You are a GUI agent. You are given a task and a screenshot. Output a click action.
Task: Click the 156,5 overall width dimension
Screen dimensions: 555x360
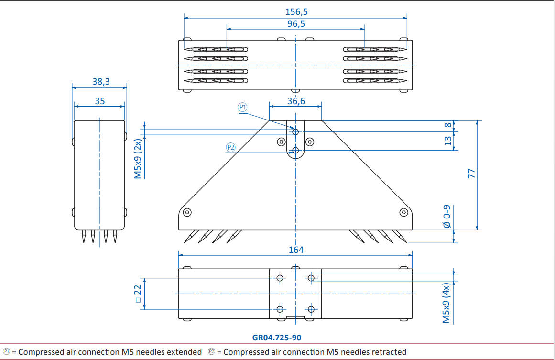click(x=296, y=11)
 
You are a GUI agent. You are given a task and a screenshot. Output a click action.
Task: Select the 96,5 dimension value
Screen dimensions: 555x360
click(x=296, y=24)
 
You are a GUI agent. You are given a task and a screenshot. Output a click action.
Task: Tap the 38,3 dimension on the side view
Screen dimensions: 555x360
click(x=101, y=81)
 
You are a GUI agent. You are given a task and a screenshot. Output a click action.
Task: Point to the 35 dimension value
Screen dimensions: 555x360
click(x=100, y=101)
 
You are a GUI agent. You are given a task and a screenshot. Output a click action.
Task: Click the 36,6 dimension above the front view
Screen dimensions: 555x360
click(x=296, y=101)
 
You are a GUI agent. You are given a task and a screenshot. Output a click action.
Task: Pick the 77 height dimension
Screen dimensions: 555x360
click(x=471, y=174)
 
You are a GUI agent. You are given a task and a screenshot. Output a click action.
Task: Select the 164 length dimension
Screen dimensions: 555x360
click(x=296, y=250)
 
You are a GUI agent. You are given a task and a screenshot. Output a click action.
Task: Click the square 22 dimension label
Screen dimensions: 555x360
click(x=138, y=294)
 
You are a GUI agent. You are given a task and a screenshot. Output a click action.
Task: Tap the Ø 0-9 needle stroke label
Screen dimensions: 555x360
click(x=447, y=216)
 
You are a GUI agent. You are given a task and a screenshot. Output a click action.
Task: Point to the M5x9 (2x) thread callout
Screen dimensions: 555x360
click(x=138, y=159)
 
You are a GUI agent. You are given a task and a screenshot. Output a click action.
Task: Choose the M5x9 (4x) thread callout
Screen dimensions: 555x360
click(x=446, y=303)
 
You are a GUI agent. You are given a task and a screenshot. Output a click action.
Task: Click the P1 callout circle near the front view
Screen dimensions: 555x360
click(x=242, y=107)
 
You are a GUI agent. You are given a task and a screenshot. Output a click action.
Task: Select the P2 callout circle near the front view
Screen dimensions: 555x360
click(x=230, y=147)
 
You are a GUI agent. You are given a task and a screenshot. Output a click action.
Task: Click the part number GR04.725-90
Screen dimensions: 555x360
click(x=277, y=338)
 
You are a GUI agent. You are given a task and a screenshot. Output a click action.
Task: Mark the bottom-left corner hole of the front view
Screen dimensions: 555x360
click(x=187, y=212)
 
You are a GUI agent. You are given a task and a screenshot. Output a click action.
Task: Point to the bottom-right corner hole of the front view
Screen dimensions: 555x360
click(x=403, y=212)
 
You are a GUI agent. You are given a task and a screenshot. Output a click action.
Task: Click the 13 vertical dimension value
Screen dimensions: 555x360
click(x=448, y=141)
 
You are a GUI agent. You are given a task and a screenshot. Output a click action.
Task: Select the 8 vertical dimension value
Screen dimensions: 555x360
click(x=448, y=125)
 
